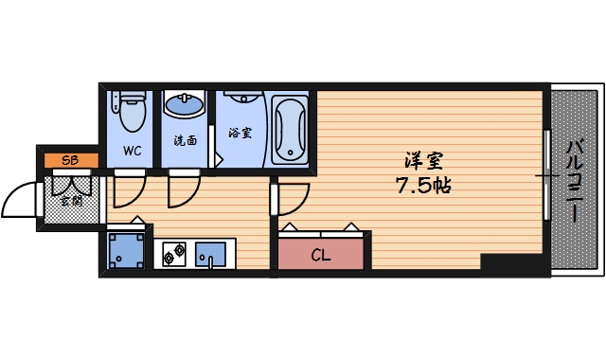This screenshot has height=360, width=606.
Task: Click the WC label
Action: click(x=131, y=151)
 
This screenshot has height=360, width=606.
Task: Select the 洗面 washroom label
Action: click(x=185, y=141)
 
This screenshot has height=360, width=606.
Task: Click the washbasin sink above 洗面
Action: click(x=185, y=103)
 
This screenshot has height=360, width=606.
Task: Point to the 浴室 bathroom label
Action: click(x=241, y=133)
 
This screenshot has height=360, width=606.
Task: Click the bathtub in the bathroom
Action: click(x=289, y=128)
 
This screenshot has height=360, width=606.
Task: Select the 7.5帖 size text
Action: click(x=422, y=185)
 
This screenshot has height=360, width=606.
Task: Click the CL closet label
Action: click(x=320, y=254)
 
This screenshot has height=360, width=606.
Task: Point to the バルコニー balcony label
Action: click(x=575, y=180)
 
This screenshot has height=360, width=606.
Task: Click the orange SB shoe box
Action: click(x=70, y=160)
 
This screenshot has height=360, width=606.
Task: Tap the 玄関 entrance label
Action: click(x=71, y=200)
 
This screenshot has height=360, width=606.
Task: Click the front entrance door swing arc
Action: click(x=21, y=199)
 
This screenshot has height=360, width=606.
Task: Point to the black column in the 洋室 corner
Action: click(x=512, y=263)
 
